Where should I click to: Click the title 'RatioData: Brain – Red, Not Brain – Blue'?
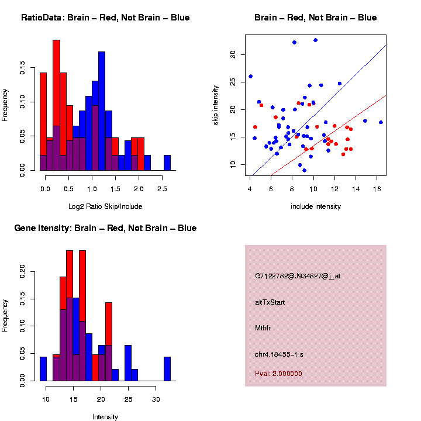(105, 18)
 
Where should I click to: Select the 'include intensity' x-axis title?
(316, 206)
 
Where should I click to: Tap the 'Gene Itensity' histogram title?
(105, 228)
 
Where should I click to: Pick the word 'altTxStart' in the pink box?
(270, 302)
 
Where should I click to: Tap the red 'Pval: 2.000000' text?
(278, 374)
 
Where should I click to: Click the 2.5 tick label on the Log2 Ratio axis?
(164, 189)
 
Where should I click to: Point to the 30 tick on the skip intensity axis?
(232, 54)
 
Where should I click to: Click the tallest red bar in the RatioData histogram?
(57, 105)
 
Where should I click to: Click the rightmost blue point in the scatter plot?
(381, 122)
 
